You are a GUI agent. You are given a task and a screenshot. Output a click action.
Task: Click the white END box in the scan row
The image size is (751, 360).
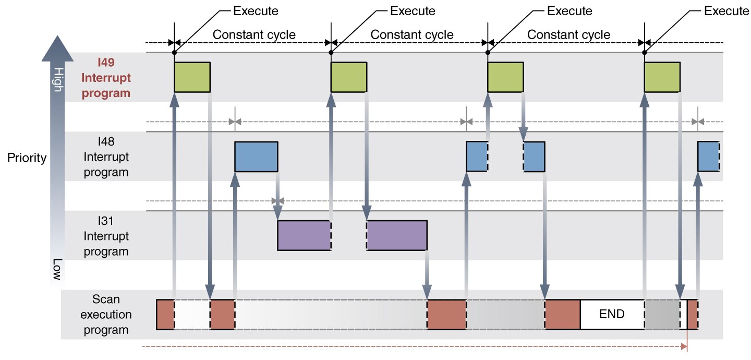tap(612, 315)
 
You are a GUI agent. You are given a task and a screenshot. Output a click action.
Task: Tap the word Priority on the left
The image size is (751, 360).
tap(27, 158)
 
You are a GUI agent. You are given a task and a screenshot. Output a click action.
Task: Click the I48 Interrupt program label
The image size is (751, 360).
tap(106, 157)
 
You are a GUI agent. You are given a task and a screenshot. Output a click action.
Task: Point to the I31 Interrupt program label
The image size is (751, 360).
tap(106, 236)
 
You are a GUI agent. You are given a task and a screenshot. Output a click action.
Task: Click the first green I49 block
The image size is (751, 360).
tap(192, 77)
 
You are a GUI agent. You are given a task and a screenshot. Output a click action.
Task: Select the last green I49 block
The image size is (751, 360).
tap(662, 77)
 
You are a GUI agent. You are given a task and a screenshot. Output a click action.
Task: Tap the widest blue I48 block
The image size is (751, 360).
tap(256, 157)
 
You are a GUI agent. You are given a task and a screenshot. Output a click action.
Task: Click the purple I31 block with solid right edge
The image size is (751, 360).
tap(397, 236)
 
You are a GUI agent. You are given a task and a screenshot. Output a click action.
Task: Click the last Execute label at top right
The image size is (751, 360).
tap(726, 11)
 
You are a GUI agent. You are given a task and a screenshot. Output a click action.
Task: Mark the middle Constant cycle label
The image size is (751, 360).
tap(412, 35)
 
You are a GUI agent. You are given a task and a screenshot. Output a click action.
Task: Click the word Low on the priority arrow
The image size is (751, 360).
tap(58, 269)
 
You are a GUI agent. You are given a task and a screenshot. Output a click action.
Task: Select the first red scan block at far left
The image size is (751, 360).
tap(165, 315)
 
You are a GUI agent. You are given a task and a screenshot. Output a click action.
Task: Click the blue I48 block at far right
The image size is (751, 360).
tap(708, 156)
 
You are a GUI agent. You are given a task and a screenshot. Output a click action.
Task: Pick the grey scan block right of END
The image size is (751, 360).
tap(662, 315)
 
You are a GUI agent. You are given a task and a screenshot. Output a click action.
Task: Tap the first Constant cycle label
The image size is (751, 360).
tap(254, 35)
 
